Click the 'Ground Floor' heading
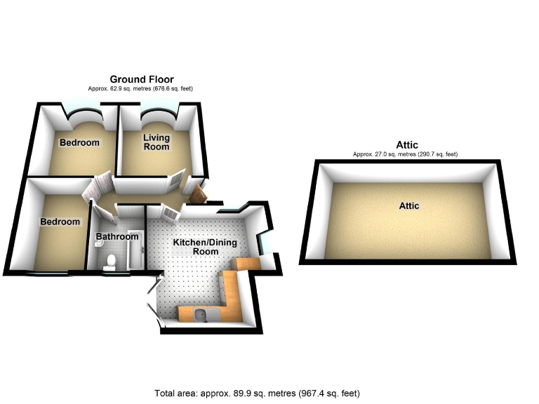[141, 79]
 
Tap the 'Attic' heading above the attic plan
[406, 145]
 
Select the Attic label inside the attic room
[408, 206]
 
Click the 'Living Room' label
[157, 142]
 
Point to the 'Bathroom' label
[117, 237]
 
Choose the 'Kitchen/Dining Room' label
[206, 247]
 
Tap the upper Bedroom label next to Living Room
[79, 142]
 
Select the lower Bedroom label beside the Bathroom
[60, 222]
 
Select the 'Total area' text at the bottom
[257, 393]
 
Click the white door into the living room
[175, 182]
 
